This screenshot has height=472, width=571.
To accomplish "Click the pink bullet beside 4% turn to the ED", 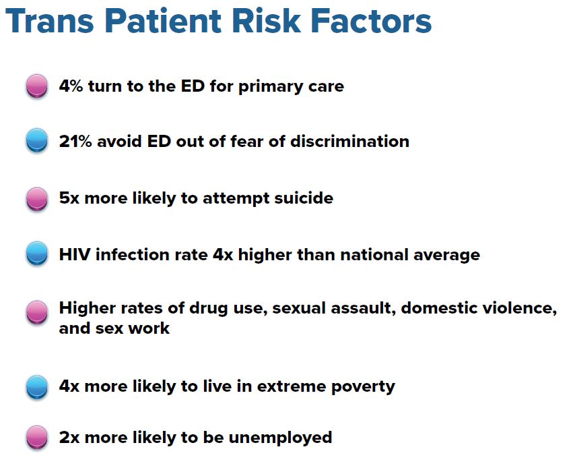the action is (x=37, y=86).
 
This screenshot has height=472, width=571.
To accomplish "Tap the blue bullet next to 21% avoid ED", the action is (x=37, y=140).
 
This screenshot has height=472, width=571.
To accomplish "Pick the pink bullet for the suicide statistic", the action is (x=37, y=199).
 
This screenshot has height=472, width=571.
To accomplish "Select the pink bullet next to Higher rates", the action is (x=37, y=313).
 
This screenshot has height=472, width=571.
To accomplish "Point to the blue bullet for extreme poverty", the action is (x=37, y=387).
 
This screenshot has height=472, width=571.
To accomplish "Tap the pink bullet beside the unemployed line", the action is (x=37, y=438).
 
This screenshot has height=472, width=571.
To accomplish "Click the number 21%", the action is (x=75, y=142).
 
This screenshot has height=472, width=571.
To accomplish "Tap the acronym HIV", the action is (x=75, y=255).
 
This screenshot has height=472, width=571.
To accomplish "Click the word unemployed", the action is (x=280, y=438).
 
